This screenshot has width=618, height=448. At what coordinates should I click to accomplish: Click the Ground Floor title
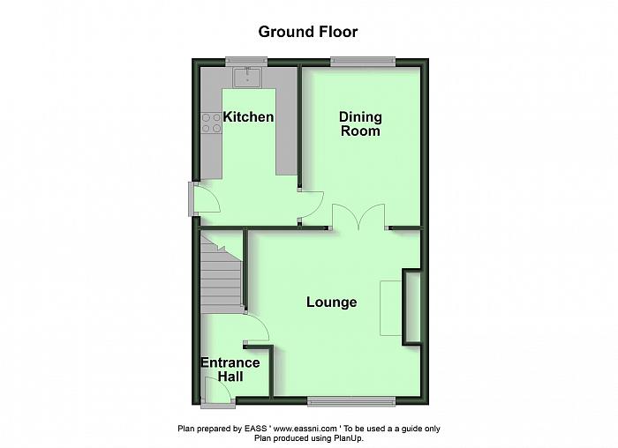pos(308,32)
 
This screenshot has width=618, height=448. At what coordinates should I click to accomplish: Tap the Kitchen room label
pos(248,117)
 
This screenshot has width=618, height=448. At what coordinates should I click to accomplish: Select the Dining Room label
pos(360,123)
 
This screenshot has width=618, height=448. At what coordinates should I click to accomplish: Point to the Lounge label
pos(332,302)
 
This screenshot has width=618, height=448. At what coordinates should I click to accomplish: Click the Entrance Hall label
pos(230,370)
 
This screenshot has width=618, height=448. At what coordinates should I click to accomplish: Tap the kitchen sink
pos(247,77)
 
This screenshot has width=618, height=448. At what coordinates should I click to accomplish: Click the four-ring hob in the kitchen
pos(212,123)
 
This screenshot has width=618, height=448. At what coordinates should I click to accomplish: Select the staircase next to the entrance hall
pos(221,274)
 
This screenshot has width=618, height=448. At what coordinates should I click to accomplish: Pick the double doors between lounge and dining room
pos(358,217)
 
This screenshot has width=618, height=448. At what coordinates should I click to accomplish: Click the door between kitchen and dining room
pos(311,205)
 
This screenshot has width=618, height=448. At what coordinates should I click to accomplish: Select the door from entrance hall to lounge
pos(257,327)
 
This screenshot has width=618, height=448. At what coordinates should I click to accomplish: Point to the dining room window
pos(363,62)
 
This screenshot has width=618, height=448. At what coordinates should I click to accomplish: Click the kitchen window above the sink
pos(246,62)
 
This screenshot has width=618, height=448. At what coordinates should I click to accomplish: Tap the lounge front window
pos(351,401)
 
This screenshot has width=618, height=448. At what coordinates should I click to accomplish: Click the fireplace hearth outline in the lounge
pos(391,309)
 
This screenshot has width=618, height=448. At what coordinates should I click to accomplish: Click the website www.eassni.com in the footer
pos(305,429)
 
